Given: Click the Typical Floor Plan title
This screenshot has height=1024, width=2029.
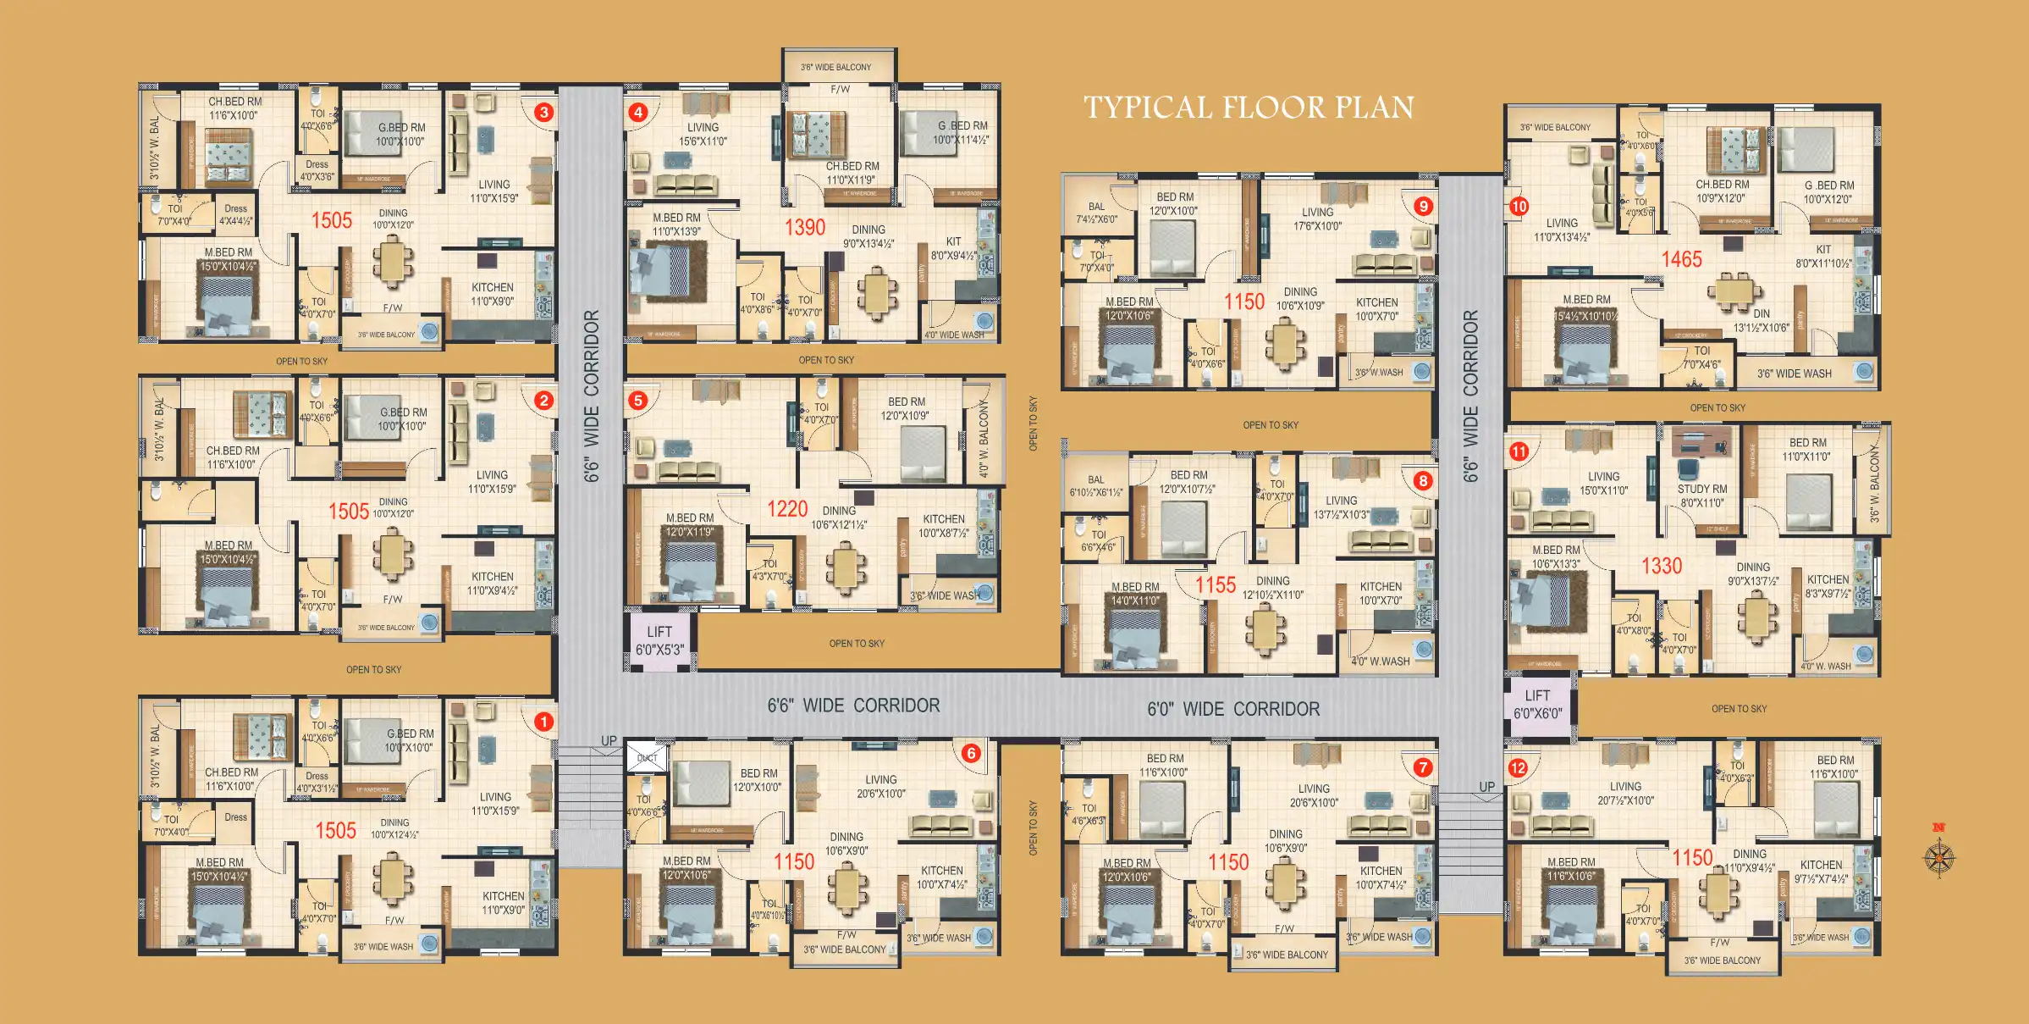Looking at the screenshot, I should point(1249,108).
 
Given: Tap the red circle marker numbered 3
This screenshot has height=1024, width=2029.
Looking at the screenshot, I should point(544,112).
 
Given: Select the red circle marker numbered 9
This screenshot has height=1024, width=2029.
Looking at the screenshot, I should point(1423,206).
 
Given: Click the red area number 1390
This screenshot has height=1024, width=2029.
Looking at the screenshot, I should point(804,227).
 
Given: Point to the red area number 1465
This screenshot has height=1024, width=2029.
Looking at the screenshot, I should point(1681,259).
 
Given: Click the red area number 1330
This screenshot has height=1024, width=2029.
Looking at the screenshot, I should point(1662,566).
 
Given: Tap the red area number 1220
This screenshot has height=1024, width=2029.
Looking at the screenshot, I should point(787,508).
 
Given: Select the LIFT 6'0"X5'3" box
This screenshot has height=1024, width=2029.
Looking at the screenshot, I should point(659,641).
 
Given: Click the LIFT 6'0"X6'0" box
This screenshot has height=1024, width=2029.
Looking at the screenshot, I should point(1538,705).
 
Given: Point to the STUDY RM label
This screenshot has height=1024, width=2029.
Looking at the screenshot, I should point(1702,489).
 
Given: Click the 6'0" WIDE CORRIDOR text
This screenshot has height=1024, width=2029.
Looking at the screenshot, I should point(1233,709).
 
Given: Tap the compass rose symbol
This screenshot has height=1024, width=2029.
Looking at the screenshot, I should point(1938,857).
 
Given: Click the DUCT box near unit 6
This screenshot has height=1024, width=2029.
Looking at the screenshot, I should point(647,757).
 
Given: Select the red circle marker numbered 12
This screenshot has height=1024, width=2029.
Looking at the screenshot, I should point(1518,768).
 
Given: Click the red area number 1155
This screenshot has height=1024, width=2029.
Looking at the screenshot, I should point(1215,584).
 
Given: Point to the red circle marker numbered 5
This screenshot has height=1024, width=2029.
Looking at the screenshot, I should point(638,400).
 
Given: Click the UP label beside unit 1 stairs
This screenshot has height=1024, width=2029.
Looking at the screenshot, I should point(609,740).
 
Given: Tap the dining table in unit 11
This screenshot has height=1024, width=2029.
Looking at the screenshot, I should point(1757,617).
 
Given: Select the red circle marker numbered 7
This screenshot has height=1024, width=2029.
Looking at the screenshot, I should point(1422,767).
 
